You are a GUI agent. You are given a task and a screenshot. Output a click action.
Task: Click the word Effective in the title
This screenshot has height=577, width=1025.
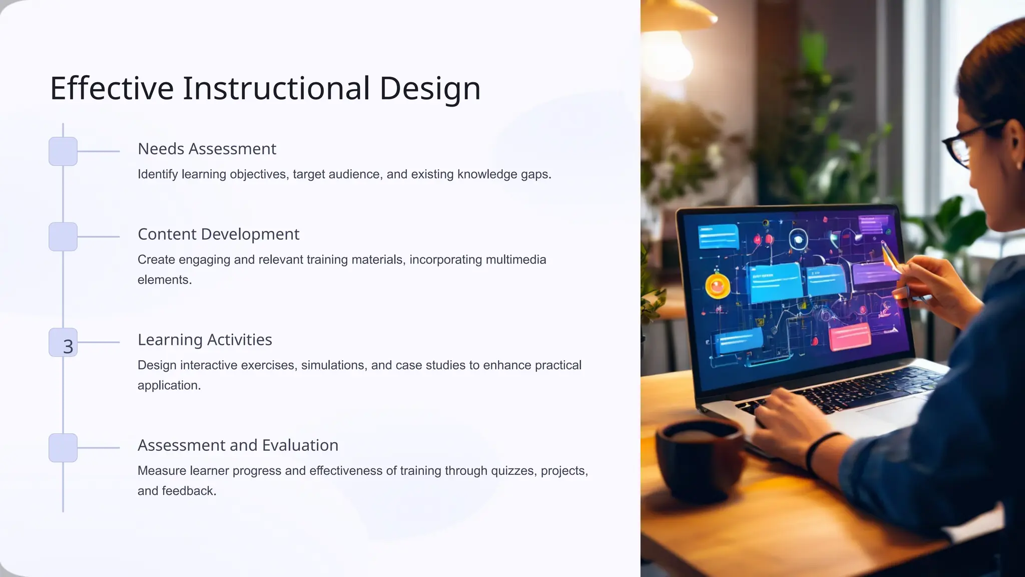coord(112,89)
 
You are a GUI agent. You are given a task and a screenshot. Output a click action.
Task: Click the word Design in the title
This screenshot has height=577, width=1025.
coord(429,89)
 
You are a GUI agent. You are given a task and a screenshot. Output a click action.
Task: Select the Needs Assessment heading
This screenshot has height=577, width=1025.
coord(207,149)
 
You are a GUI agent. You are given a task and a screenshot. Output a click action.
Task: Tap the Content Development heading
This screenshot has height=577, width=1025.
coord(218,234)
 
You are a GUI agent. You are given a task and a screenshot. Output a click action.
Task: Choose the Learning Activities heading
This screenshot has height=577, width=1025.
coord(205,340)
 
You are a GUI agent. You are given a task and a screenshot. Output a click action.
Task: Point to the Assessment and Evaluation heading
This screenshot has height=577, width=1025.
coord(238,445)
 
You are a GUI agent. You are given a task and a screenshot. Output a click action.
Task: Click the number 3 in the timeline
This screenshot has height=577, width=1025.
coord(68,346)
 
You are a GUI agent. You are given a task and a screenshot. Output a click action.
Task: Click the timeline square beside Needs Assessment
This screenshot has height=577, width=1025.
coord(63,151)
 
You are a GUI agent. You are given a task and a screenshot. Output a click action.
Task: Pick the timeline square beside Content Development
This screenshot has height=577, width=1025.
coord(63,236)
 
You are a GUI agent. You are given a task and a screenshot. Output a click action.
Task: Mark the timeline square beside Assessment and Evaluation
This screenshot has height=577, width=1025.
coord(63,448)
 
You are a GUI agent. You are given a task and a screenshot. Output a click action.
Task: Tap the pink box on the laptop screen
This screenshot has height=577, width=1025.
coord(850,336)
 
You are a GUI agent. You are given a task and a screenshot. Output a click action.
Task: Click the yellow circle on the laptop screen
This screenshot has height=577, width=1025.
coord(717,286)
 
